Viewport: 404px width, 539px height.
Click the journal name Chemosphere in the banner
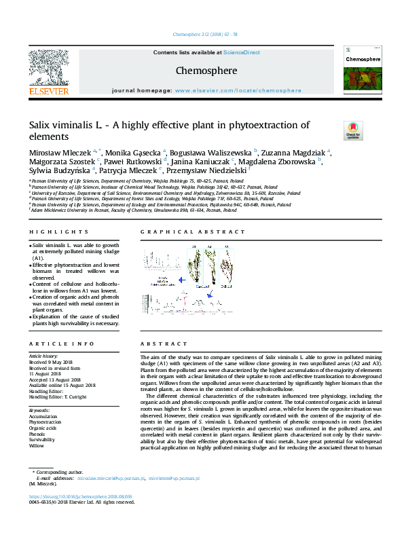(x=206, y=71)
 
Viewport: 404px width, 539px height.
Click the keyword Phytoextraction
(x=45, y=422)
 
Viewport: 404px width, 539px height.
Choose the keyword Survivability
(x=43, y=439)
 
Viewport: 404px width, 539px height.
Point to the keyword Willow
(x=37, y=445)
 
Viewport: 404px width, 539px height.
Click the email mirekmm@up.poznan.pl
(x=175, y=497)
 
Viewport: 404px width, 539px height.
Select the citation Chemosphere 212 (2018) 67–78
(x=201, y=33)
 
